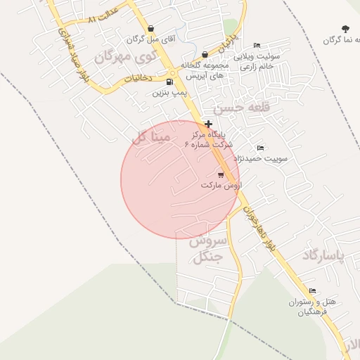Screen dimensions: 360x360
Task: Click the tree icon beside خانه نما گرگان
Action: click(x=345, y=29)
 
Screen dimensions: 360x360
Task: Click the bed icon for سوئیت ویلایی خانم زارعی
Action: click(x=257, y=45)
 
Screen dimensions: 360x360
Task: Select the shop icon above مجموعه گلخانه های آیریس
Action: click(x=205, y=54)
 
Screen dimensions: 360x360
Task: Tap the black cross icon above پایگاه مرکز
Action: click(x=208, y=124)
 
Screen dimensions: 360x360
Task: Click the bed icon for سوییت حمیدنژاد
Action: click(x=261, y=148)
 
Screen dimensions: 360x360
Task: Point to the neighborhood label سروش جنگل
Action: click(x=210, y=249)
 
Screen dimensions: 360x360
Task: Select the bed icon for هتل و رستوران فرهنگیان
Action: click(x=312, y=291)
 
